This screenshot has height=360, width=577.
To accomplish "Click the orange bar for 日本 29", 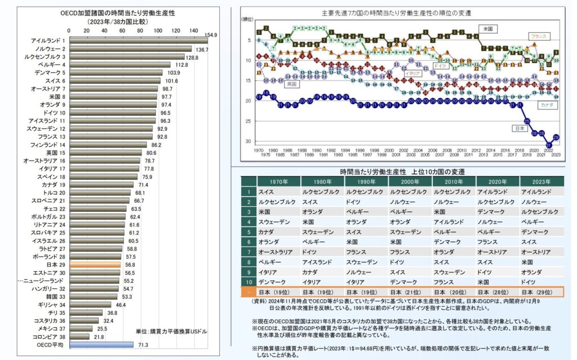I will pyautogui.click(x=95, y=264).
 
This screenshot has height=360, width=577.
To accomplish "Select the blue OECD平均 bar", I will pyautogui.click(x=101, y=344).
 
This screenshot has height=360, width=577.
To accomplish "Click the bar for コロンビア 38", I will pyautogui.click(x=78, y=336).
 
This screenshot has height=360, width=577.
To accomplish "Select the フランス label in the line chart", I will pyautogui.click(x=540, y=36).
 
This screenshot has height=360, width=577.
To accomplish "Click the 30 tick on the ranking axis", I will pyautogui.click(x=247, y=141).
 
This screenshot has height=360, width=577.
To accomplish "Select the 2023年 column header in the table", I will pyautogui.click(x=542, y=181).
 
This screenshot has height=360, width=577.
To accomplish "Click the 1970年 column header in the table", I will pyautogui.click(x=278, y=181).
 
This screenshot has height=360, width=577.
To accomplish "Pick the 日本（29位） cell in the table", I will pyautogui.click(x=542, y=292).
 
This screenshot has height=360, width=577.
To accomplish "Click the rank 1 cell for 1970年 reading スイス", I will pyautogui.click(x=278, y=192).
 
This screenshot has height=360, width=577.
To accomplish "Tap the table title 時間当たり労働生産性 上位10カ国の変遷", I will pyautogui.click(x=402, y=171).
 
